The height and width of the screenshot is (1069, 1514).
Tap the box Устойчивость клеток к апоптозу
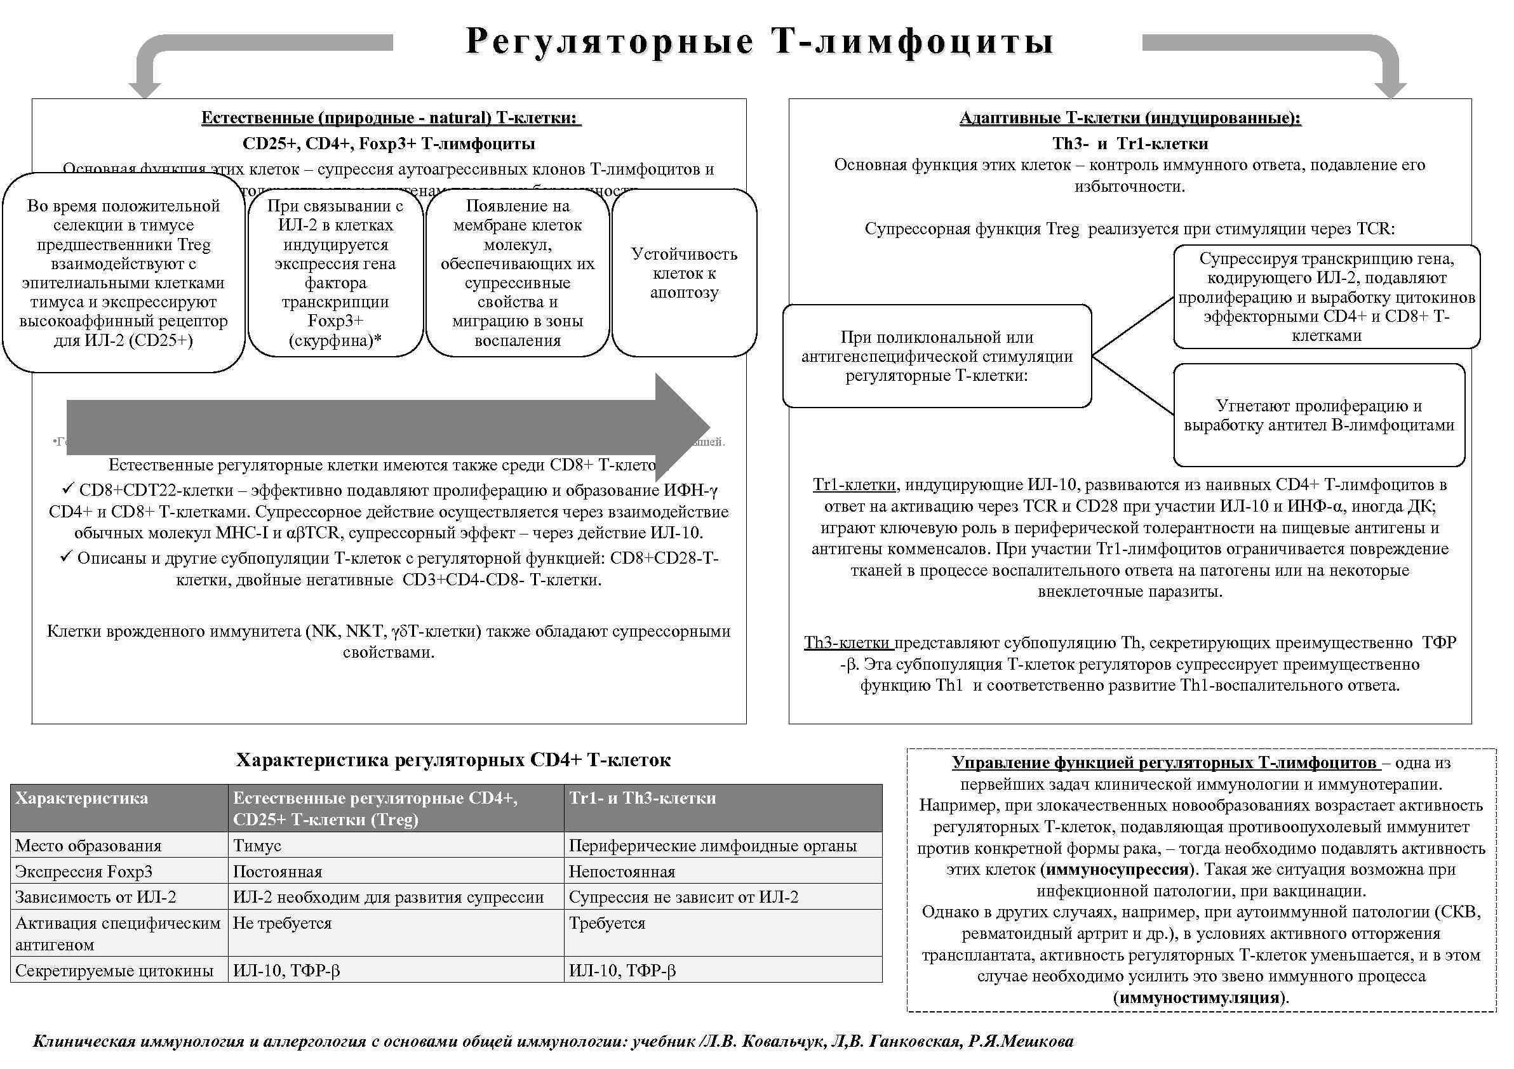click(x=684, y=273)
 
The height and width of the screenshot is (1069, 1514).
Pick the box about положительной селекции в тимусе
click(x=123, y=273)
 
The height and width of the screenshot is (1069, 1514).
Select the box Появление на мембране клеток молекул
click(x=517, y=273)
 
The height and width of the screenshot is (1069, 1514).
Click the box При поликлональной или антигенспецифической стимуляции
click(x=936, y=356)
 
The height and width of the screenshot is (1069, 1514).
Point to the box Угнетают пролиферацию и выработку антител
click(x=1319, y=415)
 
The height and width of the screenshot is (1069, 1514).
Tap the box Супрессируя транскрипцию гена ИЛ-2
click(x=1326, y=296)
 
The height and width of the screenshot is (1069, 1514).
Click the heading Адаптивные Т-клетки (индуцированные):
click(x=1130, y=118)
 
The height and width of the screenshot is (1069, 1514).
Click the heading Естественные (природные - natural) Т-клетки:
click(x=391, y=118)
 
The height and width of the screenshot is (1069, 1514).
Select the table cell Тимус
click(x=257, y=846)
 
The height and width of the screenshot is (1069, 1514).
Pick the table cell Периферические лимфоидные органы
click(x=712, y=846)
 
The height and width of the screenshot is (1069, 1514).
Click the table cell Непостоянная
click(x=622, y=872)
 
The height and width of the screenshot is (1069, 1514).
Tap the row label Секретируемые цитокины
click(x=114, y=971)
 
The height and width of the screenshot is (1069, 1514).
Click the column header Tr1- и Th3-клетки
click(x=642, y=798)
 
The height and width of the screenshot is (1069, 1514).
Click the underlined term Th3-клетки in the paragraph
click(x=848, y=642)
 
